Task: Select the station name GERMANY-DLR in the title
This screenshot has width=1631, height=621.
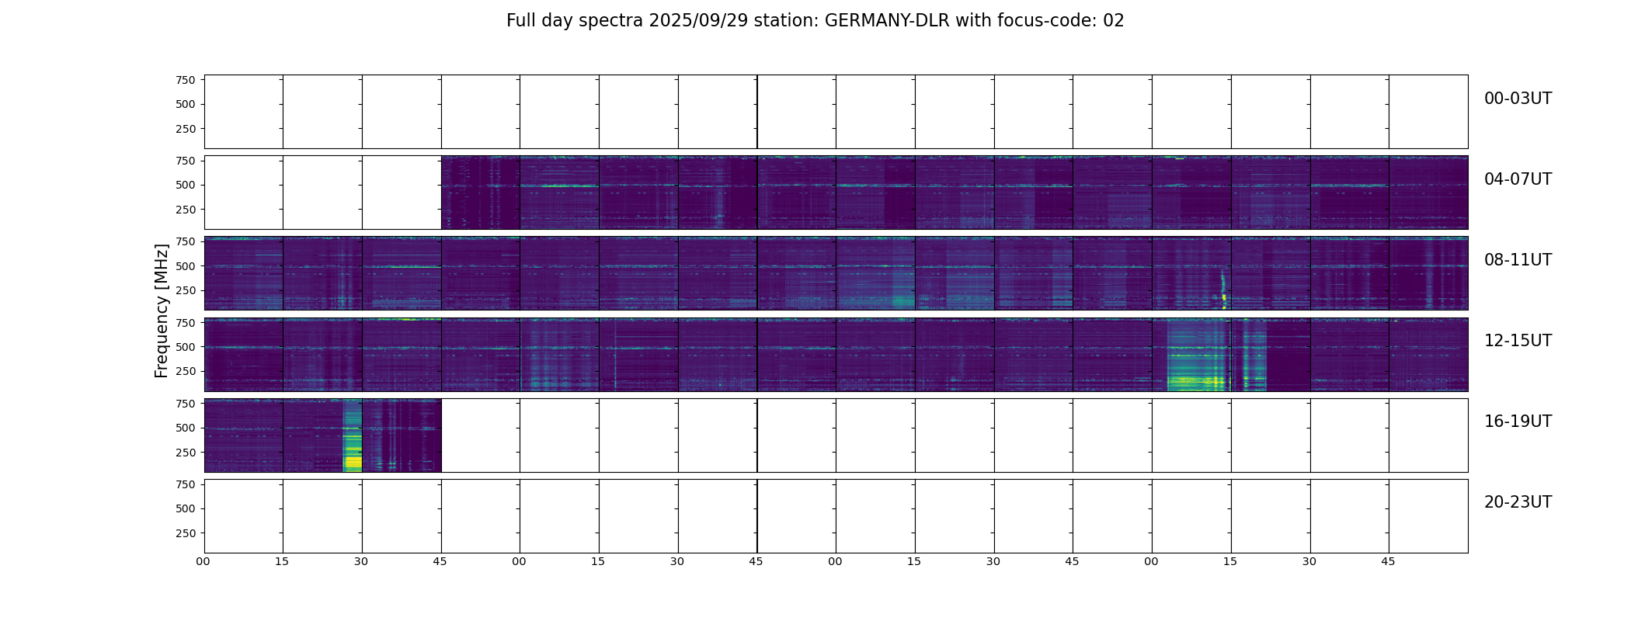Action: point(887,21)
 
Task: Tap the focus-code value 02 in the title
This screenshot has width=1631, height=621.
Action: point(1113,21)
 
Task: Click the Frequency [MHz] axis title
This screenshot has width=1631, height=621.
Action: point(162,310)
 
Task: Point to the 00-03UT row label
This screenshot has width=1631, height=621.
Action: point(1518,99)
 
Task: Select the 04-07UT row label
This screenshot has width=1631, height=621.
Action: point(1518,179)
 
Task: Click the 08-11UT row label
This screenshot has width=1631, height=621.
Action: point(1518,260)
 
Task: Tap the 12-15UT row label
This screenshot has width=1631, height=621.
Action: point(1518,341)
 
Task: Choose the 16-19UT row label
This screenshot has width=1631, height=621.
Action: point(1518,422)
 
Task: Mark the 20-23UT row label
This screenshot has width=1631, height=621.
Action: point(1518,502)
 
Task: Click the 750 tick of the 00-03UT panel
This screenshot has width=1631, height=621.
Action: point(185,80)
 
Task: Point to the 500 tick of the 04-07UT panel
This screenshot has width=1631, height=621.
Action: point(185,185)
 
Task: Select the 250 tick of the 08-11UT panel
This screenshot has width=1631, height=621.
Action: point(185,290)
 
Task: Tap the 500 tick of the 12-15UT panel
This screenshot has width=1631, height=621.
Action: point(185,347)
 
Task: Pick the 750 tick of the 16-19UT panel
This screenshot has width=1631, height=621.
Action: point(185,404)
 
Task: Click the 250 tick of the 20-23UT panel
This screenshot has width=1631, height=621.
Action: point(185,533)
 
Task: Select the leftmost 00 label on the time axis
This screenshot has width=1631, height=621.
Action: point(203,561)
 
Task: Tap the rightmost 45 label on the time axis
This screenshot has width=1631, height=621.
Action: point(1388,561)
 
